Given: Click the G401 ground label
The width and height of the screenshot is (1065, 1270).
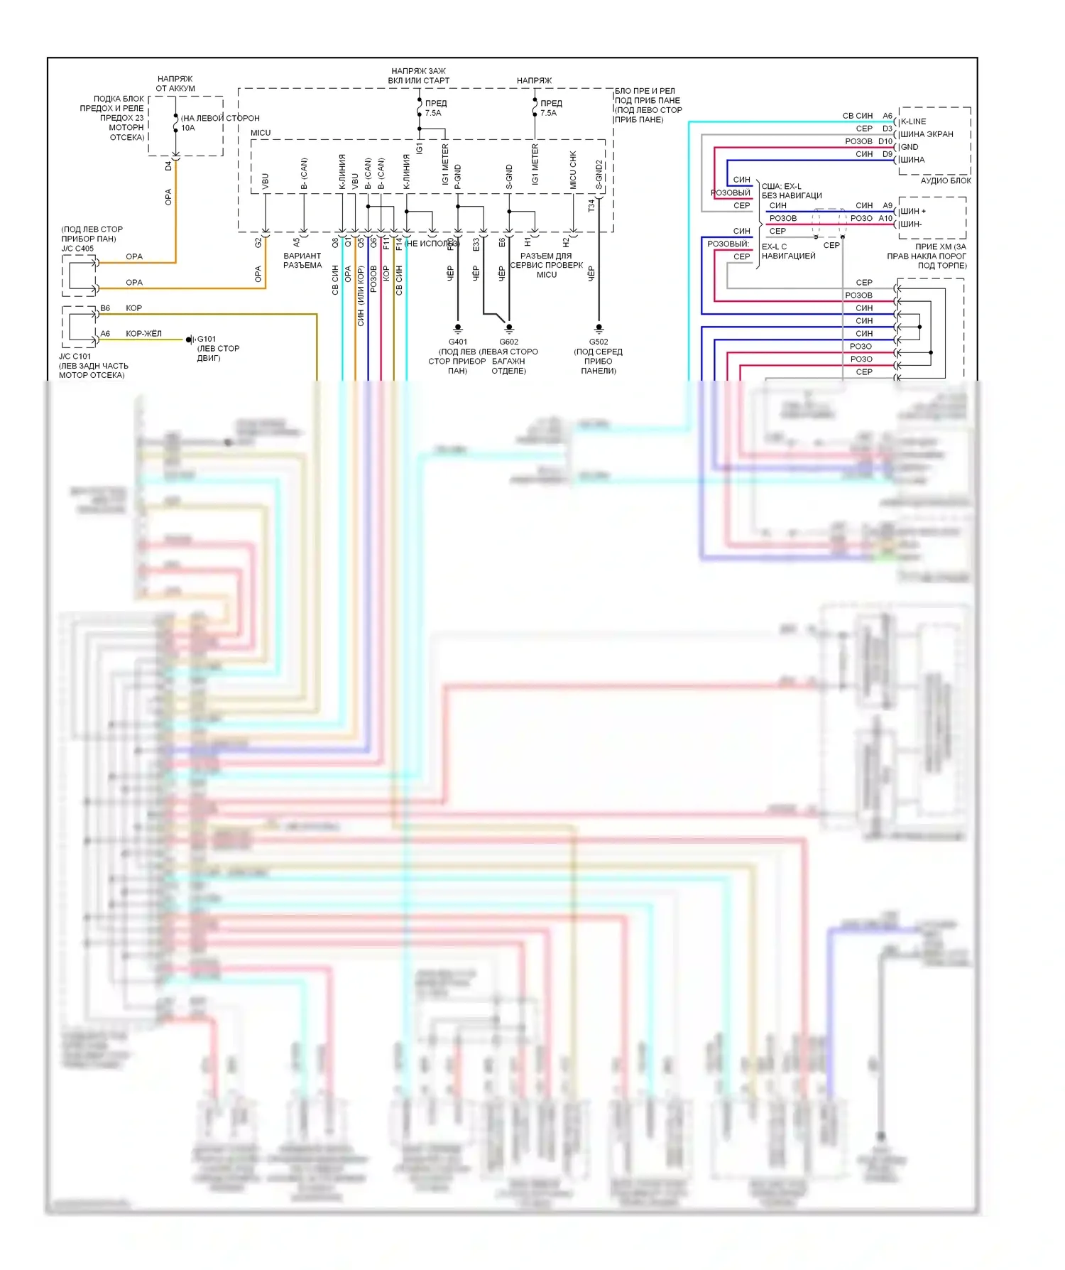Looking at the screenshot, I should [x=458, y=342].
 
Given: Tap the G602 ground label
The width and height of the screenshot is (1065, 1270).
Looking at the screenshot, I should [x=508, y=342].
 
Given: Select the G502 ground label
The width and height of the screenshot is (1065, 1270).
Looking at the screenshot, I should [x=599, y=342].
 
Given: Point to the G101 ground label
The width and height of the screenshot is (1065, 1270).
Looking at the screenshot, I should [x=207, y=339].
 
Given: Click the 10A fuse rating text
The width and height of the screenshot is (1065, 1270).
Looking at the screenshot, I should [x=187, y=128].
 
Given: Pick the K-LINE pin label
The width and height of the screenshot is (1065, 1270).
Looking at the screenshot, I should [x=913, y=121].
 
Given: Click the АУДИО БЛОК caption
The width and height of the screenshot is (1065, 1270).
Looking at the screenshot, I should [x=946, y=180].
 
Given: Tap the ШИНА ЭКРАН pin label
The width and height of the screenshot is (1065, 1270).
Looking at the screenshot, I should [x=927, y=134].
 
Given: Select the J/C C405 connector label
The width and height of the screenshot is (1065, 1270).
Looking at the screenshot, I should [x=77, y=249].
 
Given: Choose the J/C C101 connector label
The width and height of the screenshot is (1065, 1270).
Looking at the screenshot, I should [x=75, y=357].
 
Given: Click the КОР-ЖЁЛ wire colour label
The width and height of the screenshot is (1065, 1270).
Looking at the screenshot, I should [x=143, y=333].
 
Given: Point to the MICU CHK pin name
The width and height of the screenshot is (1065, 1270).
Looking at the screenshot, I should [x=573, y=170].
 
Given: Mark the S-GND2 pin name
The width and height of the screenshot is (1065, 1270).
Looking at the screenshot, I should [x=599, y=175].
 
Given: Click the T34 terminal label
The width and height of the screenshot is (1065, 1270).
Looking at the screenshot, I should [x=591, y=205].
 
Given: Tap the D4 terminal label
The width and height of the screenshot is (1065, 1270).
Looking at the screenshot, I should [x=168, y=166].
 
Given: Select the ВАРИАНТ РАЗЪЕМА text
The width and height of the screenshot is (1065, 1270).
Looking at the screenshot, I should [x=302, y=260].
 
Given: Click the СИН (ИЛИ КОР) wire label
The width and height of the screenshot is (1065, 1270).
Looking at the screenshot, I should [x=361, y=295].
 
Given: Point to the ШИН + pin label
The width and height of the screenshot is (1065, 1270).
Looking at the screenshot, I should [x=913, y=211].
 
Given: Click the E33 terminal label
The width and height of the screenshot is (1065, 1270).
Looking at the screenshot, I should [x=476, y=244].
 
